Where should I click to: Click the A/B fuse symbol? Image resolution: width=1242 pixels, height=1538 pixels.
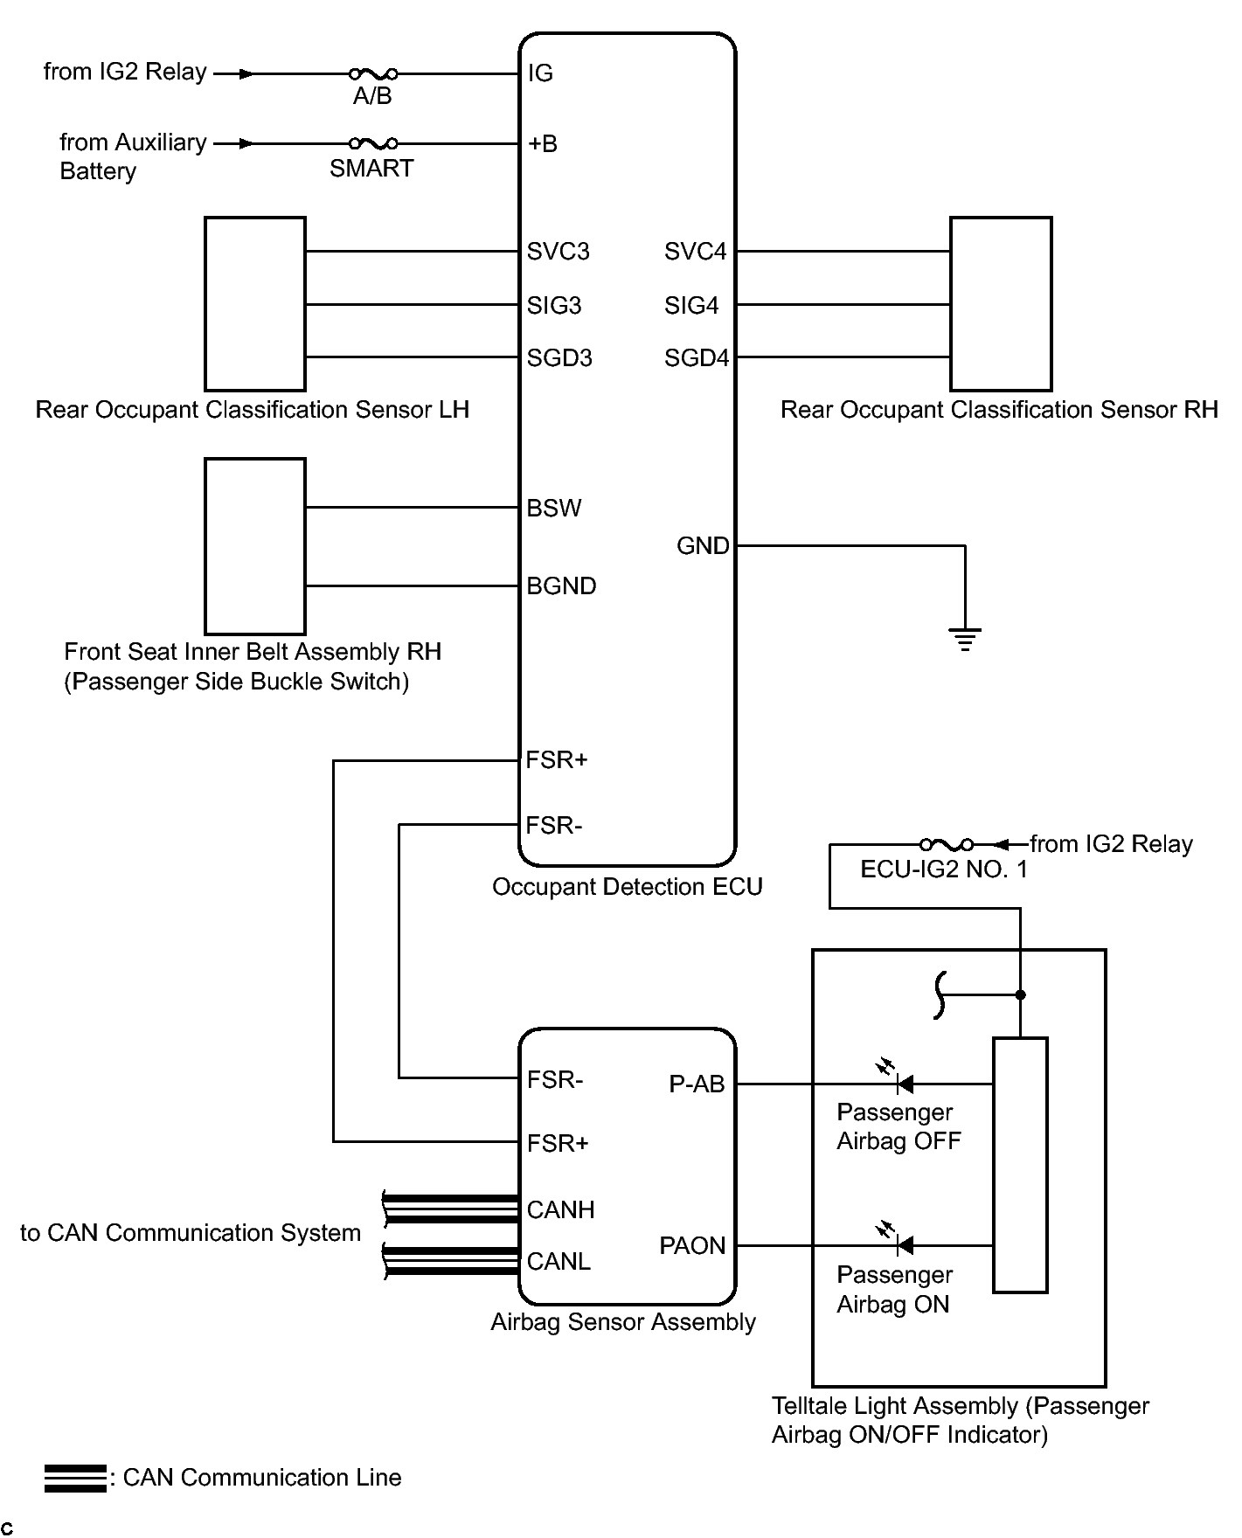click(373, 74)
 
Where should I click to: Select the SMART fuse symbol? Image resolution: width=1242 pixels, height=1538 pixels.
click(373, 143)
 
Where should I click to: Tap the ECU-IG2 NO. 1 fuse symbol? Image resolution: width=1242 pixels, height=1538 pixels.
click(946, 845)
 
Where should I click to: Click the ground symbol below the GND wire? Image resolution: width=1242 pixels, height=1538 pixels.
click(965, 640)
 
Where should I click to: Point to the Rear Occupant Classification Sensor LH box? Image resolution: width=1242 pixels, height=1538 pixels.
click(255, 304)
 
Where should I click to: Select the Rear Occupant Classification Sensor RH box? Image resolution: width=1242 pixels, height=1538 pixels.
click(1001, 304)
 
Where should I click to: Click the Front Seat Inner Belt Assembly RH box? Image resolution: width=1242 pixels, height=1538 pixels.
click(255, 546)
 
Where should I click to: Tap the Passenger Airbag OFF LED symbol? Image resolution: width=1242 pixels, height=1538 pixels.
click(904, 1084)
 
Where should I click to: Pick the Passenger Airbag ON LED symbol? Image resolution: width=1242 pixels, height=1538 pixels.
click(904, 1244)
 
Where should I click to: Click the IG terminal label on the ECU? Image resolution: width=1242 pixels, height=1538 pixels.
click(540, 73)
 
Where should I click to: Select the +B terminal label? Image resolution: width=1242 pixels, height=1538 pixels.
click(542, 143)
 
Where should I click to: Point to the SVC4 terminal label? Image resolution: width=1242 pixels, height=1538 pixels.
click(695, 252)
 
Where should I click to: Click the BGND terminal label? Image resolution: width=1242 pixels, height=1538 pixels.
click(561, 585)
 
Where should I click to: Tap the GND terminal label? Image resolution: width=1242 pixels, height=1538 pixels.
click(703, 546)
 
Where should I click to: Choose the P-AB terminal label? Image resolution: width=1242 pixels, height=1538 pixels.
click(697, 1084)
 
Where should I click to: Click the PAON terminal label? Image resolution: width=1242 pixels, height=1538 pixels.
click(692, 1245)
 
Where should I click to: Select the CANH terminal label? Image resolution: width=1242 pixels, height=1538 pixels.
click(560, 1209)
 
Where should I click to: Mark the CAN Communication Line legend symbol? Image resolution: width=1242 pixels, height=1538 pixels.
click(75, 1478)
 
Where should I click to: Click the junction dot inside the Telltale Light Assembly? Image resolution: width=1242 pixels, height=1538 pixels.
click(1020, 994)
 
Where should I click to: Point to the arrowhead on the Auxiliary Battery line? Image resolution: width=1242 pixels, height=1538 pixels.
click(247, 143)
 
